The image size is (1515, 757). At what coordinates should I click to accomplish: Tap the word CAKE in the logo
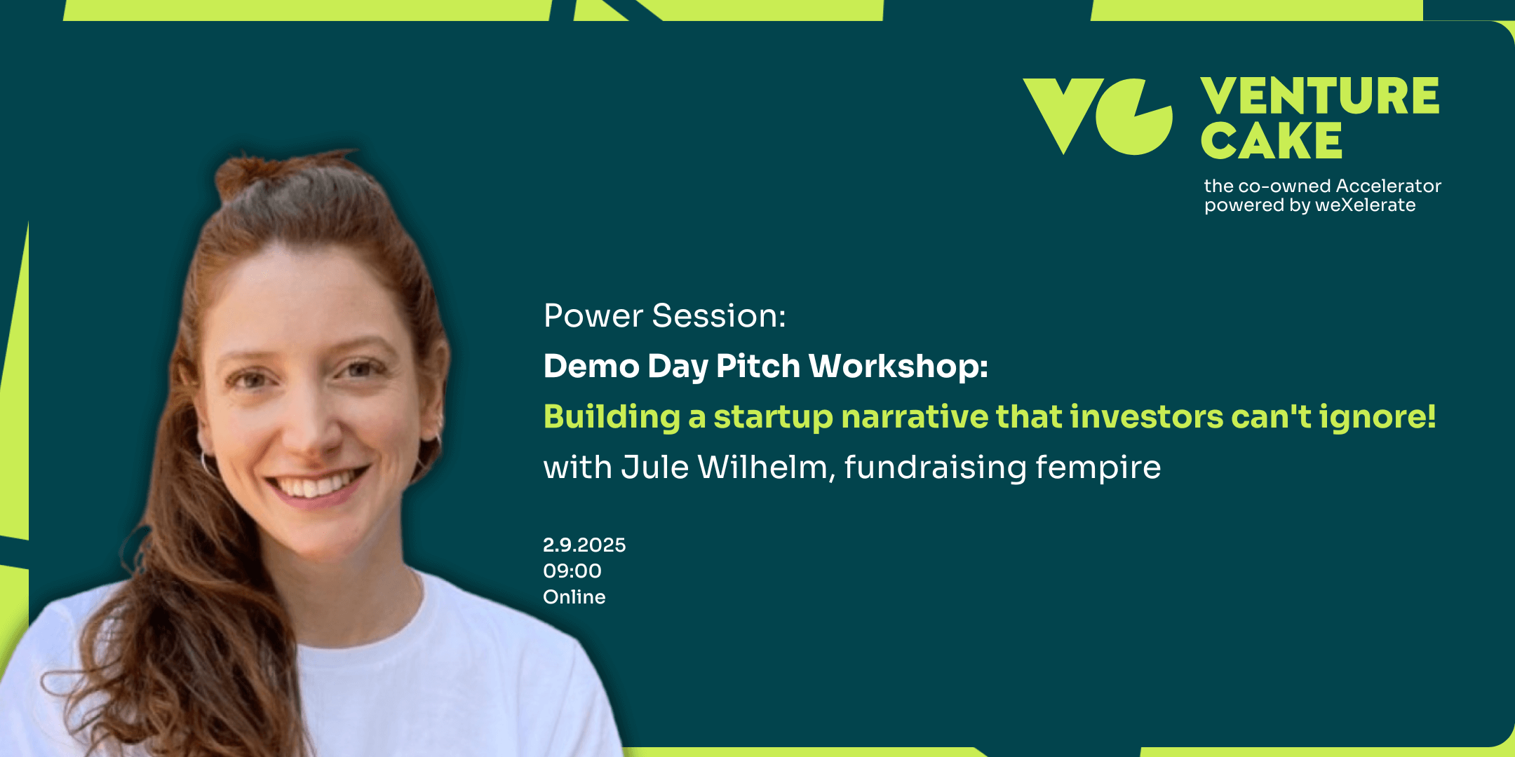(x=1271, y=141)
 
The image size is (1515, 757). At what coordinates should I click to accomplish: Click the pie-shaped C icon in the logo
(x=1134, y=117)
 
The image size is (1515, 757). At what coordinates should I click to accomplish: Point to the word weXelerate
(x=1365, y=205)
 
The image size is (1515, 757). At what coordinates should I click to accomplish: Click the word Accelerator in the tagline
(x=1388, y=186)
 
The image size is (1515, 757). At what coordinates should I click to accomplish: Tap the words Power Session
(x=664, y=315)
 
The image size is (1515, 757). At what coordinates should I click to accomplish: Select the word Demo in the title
(x=591, y=366)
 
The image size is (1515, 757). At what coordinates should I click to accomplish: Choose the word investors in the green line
(x=1146, y=417)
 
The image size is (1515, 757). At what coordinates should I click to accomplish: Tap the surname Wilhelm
(x=762, y=467)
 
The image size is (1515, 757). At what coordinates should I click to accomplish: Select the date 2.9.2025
(x=584, y=545)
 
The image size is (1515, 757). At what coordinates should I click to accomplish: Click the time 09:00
(x=572, y=571)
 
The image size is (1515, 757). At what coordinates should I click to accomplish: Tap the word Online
(x=574, y=596)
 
